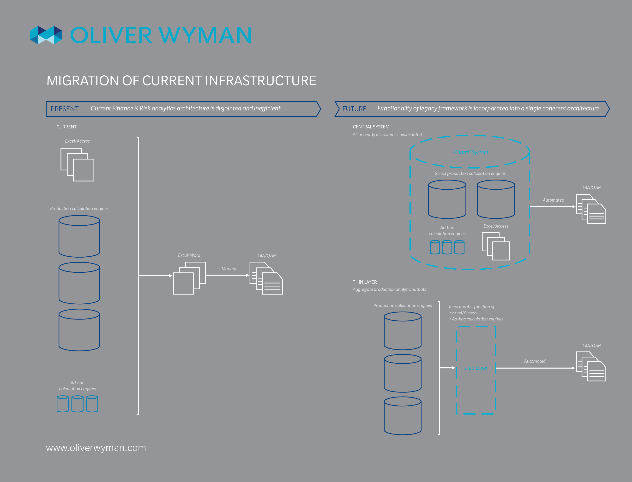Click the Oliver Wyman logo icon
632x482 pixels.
pos(46,35)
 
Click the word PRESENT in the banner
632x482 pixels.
pos(65,109)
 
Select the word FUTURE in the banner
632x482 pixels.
pos(354,109)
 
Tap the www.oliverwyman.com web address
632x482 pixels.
pos(96,448)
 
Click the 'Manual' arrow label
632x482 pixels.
pos(229,269)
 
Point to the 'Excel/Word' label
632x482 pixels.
pos(189,255)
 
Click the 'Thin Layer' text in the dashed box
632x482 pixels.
pos(476,368)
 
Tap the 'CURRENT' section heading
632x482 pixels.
pos(66,127)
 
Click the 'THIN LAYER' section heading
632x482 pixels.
pos(365,282)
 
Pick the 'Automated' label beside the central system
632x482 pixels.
pos(553,200)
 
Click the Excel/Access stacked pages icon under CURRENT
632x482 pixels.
pos(77,164)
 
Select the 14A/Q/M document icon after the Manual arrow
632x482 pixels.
pos(266,278)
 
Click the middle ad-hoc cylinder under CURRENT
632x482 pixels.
pos(77,404)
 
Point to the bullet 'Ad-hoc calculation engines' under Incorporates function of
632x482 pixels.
pos(477,319)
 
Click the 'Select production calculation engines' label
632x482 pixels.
pos(470,173)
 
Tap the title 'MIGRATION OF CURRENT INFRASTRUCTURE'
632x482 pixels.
pos(181,81)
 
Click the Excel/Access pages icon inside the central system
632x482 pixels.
pos(496,246)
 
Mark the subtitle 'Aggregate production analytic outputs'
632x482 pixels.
pos(389,289)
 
